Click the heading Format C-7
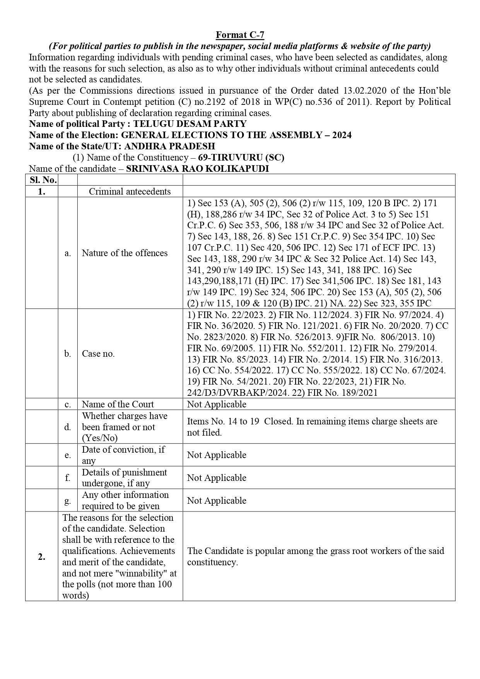(240, 35)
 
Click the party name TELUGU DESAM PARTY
(190, 124)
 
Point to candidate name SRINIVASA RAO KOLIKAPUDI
(197, 169)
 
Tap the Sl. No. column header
(42, 180)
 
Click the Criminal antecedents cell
(130, 192)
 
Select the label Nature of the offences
(125, 253)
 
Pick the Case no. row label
(98, 354)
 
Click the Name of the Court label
(118, 404)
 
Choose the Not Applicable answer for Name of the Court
(217, 404)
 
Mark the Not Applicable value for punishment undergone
(217, 478)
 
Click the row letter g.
(68, 500)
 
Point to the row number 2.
(42, 557)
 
